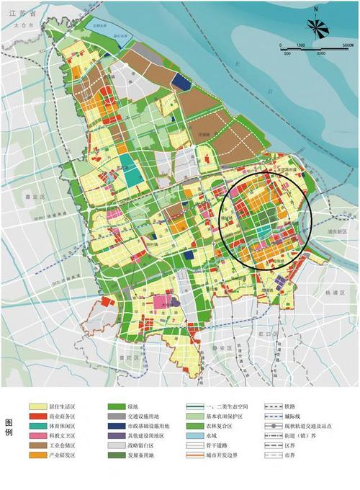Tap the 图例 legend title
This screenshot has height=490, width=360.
click(x=9, y=427)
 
